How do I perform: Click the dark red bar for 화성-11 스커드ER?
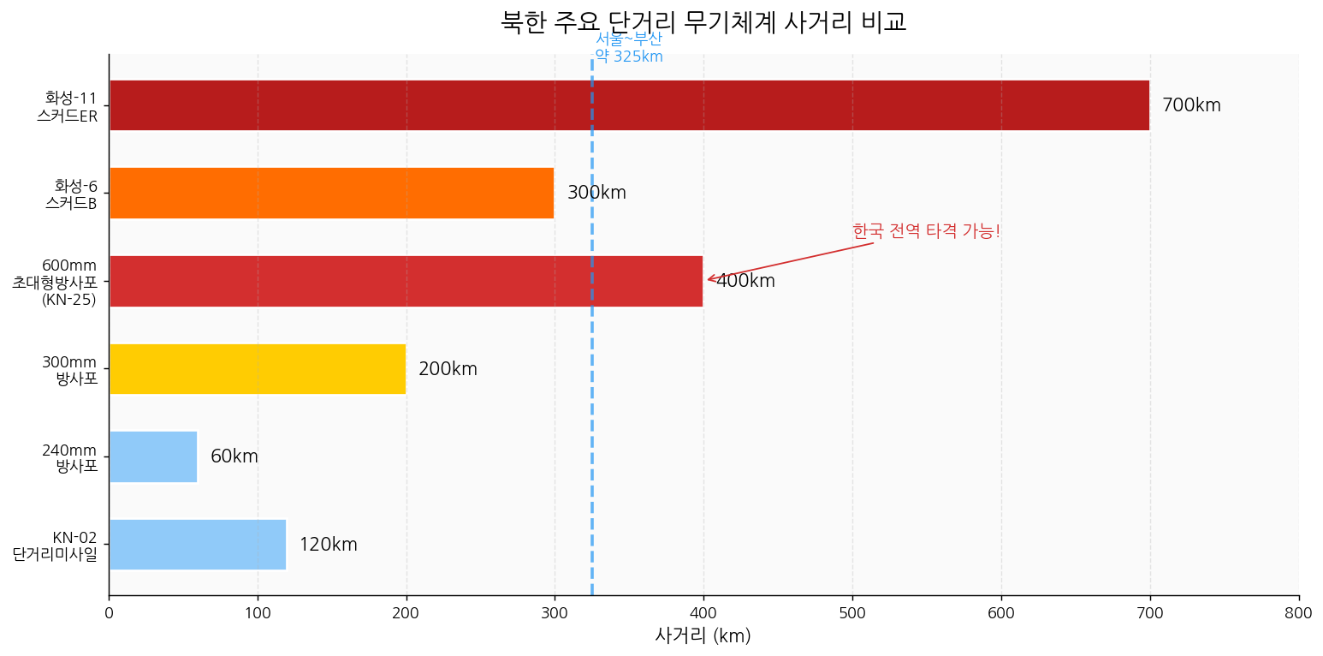pos(629,105)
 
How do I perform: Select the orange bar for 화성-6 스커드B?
pos(331,194)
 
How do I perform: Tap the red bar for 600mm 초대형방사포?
pos(406,281)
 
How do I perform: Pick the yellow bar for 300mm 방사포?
pos(257,369)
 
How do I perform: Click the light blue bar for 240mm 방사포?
pos(153,456)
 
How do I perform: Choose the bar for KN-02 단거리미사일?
pos(198,545)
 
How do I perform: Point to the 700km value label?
pos(1191,105)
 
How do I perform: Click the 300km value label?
pos(596,194)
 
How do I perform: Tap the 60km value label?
pos(234,456)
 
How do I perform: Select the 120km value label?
pos(328,545)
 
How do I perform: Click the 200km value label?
pos(448,369)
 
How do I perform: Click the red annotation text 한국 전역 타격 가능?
pos(926,231)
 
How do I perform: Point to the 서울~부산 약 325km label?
pos(628,48)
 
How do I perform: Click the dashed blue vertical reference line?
pos(591,428)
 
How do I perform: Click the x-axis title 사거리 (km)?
pos(703,635)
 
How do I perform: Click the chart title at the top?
pos(703,21)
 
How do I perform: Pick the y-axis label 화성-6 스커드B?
pos(72,194)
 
